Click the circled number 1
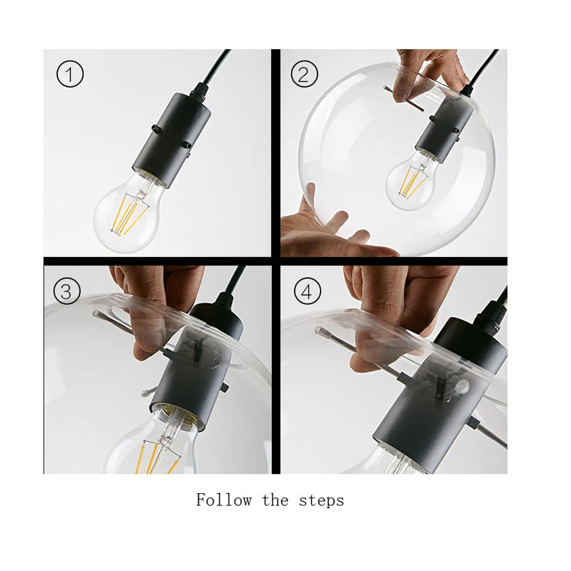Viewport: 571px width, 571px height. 70,74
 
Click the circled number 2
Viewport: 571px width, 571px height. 304,74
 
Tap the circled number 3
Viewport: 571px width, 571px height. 67,291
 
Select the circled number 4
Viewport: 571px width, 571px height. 307,291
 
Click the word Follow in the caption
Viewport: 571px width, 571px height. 224,500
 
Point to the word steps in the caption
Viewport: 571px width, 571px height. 321,501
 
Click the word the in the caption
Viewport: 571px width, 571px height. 275,500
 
